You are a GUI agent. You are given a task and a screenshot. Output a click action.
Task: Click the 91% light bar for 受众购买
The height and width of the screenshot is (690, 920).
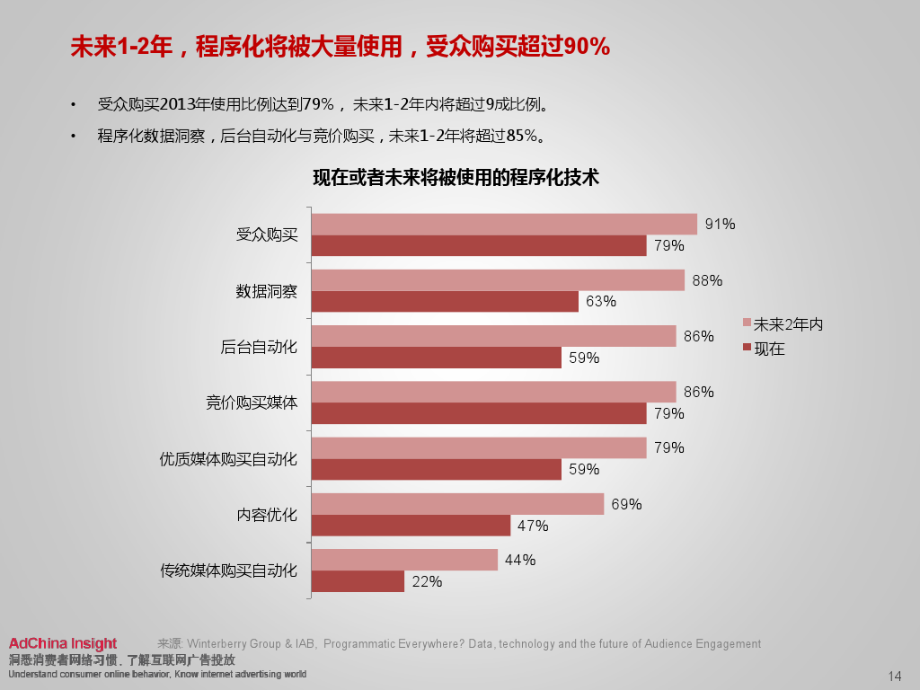click(x=504, y=225)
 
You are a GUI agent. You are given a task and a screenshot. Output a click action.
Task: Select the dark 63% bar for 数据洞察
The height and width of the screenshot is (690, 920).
click(x=445, y=302)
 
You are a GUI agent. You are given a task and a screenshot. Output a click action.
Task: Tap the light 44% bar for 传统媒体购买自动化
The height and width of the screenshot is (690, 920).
click(x=404, y=560)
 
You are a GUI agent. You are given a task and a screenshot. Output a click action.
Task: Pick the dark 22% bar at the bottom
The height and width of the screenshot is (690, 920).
click(x=358, y=581)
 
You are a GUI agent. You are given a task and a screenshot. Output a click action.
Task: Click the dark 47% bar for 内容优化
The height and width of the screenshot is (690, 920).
click(x=411, y=526)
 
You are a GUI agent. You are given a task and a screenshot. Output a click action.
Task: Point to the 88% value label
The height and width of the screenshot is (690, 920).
click(x=707, y=280)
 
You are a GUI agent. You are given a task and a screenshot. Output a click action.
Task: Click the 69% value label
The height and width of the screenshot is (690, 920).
click(x=626, y=504)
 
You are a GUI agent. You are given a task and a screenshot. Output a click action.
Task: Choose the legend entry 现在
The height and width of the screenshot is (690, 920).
click(x=769, y=349)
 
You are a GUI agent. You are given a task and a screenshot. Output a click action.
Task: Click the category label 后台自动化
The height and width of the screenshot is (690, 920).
click(x=259, y=347)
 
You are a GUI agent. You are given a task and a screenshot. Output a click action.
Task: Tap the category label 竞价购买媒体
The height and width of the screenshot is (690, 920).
click(x=252, y=402)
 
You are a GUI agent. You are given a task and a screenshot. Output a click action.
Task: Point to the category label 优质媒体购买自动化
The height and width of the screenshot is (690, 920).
click(x=228, y=458)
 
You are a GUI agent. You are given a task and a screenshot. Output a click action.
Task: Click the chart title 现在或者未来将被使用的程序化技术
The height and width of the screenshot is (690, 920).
click(x=456, y=177)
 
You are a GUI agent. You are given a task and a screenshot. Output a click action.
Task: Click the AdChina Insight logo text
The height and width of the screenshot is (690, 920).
click(x=63, y=643)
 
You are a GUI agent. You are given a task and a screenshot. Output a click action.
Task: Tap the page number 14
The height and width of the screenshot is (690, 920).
click(x=894, y=676)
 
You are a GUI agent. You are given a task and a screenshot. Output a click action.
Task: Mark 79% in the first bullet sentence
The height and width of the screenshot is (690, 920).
click(x=318, y=104)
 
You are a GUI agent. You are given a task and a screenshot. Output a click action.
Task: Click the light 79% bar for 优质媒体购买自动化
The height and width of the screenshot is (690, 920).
click(x=479, y=447)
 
